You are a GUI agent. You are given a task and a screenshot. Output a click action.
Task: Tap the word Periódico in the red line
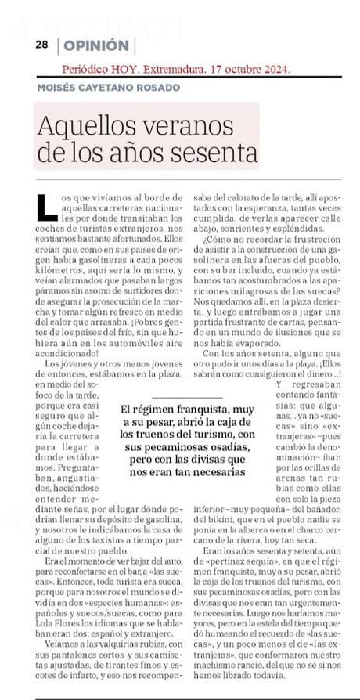click(x=88, y=69)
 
